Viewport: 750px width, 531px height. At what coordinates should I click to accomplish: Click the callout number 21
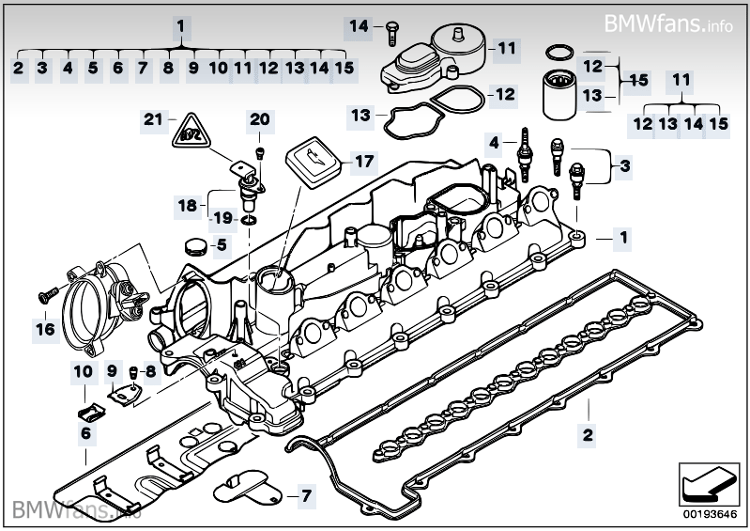pos(153,119)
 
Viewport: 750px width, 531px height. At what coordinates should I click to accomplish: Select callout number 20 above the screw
pos(259,119)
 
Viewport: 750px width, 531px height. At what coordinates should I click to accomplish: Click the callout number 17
pos(362,162)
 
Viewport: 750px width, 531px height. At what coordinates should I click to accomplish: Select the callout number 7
pos(304,494)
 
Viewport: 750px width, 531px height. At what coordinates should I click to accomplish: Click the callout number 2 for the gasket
pos(588,435)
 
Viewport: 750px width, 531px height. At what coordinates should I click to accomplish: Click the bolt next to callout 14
pos(387,30)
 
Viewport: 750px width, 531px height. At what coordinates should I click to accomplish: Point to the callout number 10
pos(83,371)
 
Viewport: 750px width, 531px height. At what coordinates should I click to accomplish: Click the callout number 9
pos(111,371)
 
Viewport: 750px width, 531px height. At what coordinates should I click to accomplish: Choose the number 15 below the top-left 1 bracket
pos(344,68)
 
